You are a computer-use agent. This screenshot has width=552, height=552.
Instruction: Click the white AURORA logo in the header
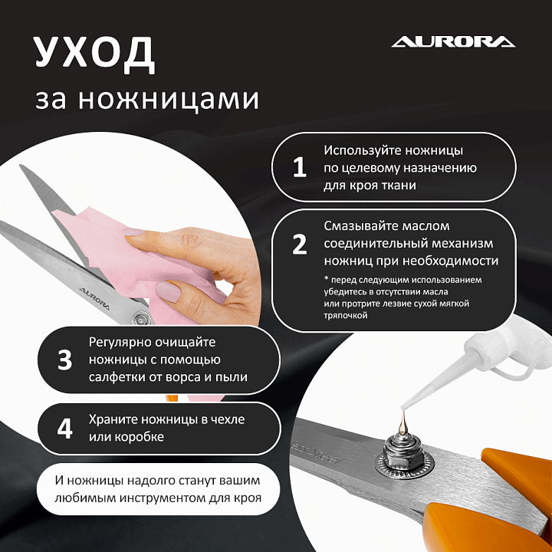453,41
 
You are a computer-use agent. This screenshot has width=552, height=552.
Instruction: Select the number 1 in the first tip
299,167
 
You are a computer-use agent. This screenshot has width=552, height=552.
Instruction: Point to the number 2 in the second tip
299,245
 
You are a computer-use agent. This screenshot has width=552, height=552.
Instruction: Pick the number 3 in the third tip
64,360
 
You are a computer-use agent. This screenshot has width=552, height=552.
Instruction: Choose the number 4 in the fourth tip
64,429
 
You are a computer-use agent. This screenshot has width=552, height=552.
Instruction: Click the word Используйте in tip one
362,151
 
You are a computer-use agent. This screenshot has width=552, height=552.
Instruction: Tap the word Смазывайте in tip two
360,226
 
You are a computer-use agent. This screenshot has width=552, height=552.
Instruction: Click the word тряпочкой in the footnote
346,316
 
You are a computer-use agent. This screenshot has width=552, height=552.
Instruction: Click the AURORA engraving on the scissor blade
94,298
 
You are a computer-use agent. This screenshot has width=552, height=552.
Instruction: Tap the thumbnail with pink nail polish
168,291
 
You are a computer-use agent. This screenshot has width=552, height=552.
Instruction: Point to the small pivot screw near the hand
140,319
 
